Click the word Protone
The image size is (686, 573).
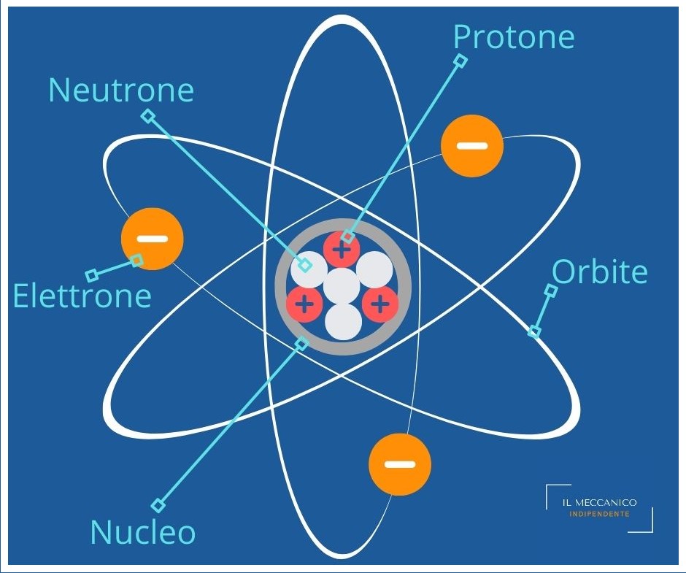point(514,36)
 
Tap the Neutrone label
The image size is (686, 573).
point(121,91)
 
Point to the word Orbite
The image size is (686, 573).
point(599,272)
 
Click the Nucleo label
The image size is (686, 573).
point(143,532)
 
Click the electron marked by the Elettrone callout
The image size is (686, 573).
point(152,239)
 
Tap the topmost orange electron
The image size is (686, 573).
point(472,145)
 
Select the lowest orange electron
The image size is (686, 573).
point(400,464)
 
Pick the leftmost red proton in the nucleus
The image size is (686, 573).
point(304,303)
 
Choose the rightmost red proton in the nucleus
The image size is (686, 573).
point(379,303)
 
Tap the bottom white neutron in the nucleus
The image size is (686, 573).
point(343,321)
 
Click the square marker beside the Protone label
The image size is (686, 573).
point(460,61)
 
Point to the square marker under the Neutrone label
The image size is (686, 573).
point(148,116)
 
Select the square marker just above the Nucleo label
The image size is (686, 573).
point(158,505)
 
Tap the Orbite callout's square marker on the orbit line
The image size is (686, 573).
point(534,332)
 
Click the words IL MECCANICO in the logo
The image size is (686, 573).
point(600,503)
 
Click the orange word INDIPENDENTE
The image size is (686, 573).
point(599,514)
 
